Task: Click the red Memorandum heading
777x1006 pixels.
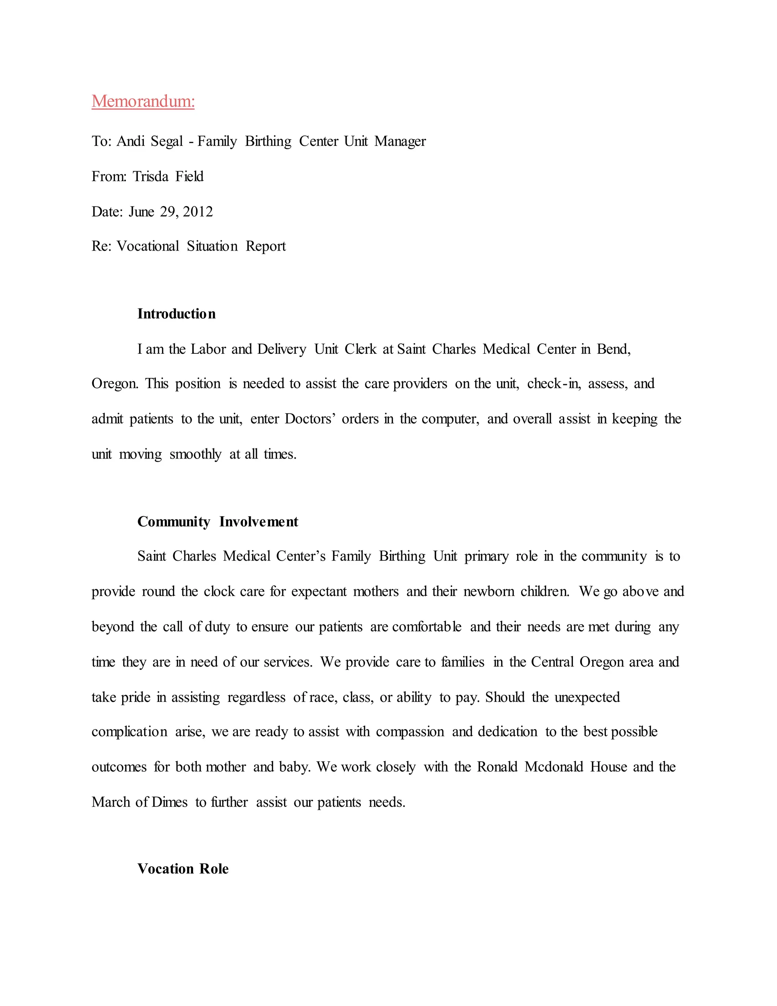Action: pyautogui.click(x=143, y=101)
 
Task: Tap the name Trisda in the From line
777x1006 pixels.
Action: pyautogui.click(x=151, y=177)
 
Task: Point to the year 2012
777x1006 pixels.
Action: pyautogui.click(x=198, y=212)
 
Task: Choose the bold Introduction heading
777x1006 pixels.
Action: pyautogui.click(x=176, y=314)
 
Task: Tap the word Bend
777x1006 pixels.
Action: pyautogui.click(x=613, y=349)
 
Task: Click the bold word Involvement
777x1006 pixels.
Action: pyautogui.click(x=259, y=522)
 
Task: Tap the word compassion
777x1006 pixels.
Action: pyautogui.click(x=410, y=732)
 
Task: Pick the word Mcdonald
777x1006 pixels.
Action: pyautogui.click(x=554, y=767)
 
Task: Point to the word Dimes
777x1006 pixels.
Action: pyautogui.click(x=169, y=803)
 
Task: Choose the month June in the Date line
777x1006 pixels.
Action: pyautogui.click(x=141, y=212)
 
